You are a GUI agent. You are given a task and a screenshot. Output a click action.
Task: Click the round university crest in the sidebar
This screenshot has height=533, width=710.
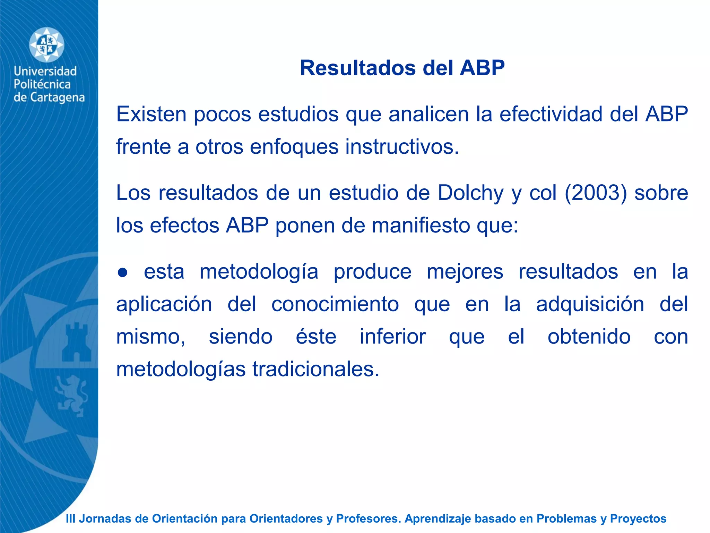click(x=46, y=45)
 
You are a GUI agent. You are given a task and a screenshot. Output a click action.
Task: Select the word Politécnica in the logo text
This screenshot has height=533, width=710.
click(x=42, y=84)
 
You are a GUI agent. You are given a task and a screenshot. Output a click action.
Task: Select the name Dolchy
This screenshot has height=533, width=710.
click(x=470, y=193)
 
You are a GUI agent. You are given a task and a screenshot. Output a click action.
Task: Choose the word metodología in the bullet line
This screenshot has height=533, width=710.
click(x=259, y=272)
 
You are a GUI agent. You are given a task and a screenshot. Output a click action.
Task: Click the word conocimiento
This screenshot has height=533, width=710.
click(x=335, y=304)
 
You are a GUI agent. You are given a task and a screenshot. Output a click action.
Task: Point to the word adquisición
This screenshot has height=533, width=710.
click(x=590, y=304)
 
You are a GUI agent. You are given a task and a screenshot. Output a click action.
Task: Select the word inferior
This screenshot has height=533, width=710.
click(x=392, y=337)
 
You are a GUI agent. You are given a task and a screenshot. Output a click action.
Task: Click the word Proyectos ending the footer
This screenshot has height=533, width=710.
click(x=638, y=519)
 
